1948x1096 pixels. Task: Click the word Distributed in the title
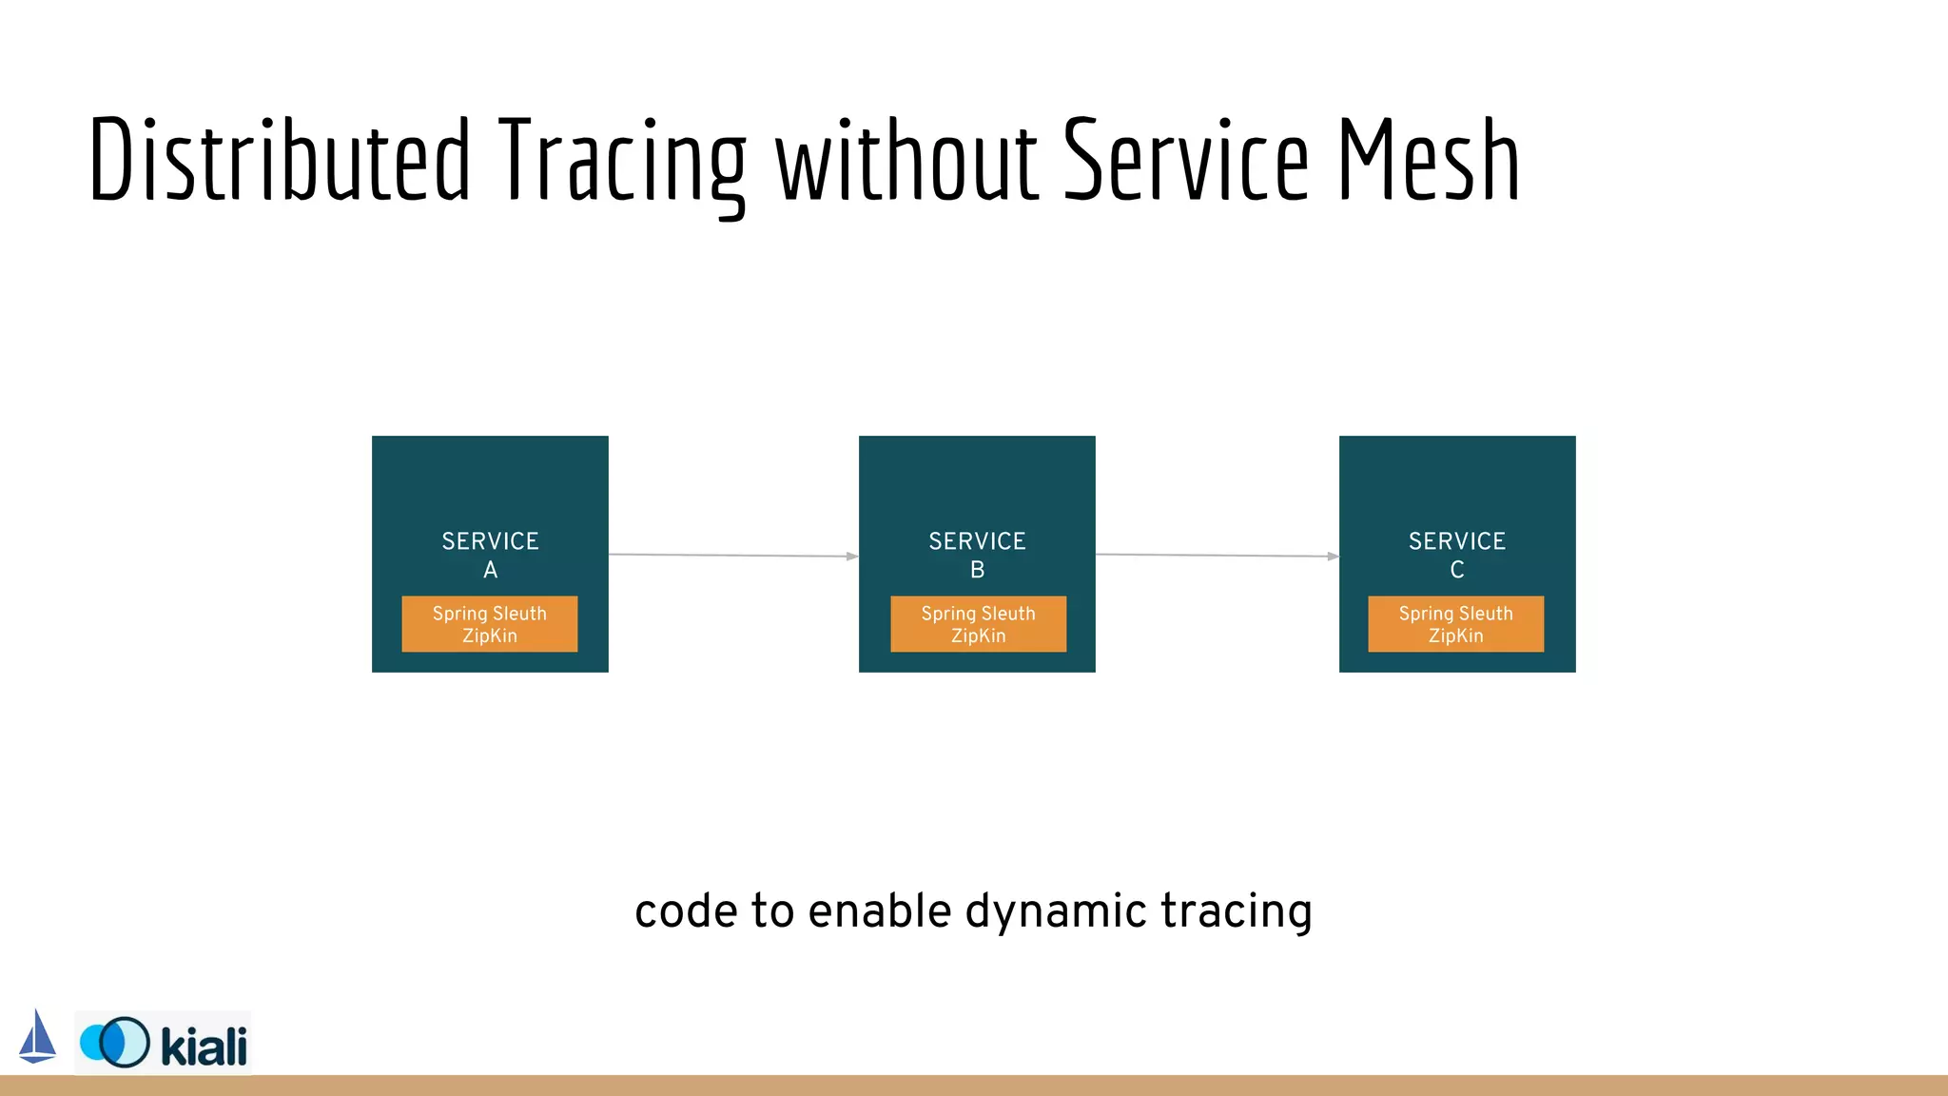[x=279, y=160]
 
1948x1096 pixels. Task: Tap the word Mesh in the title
[x=1429, y=160]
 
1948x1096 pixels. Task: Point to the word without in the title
[x=906, y=160]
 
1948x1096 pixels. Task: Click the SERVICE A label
[x=490, y=555]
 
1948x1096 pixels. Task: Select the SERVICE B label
[x=977, y=555]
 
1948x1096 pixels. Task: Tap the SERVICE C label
[x=1456, y=555]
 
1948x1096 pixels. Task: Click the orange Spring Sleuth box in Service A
[x=489, y=624]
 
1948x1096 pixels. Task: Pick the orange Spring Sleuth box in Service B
[x=978, y=624]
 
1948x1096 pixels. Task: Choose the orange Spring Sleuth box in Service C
[x=1455, y=624]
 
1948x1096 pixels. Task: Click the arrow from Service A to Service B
[x=732, y=555]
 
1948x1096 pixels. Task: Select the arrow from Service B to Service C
[x=1217, y=555]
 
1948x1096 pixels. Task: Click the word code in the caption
[x=686, y=911]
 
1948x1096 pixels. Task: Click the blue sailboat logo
[x=37, y=1037]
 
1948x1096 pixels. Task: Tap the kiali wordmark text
[x=204, y=1046]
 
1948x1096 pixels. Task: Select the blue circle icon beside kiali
[x=115, y=1043]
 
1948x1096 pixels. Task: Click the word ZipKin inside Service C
[x=1455, y=636]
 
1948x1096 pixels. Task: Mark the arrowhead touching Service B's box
[x=852, y=557]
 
